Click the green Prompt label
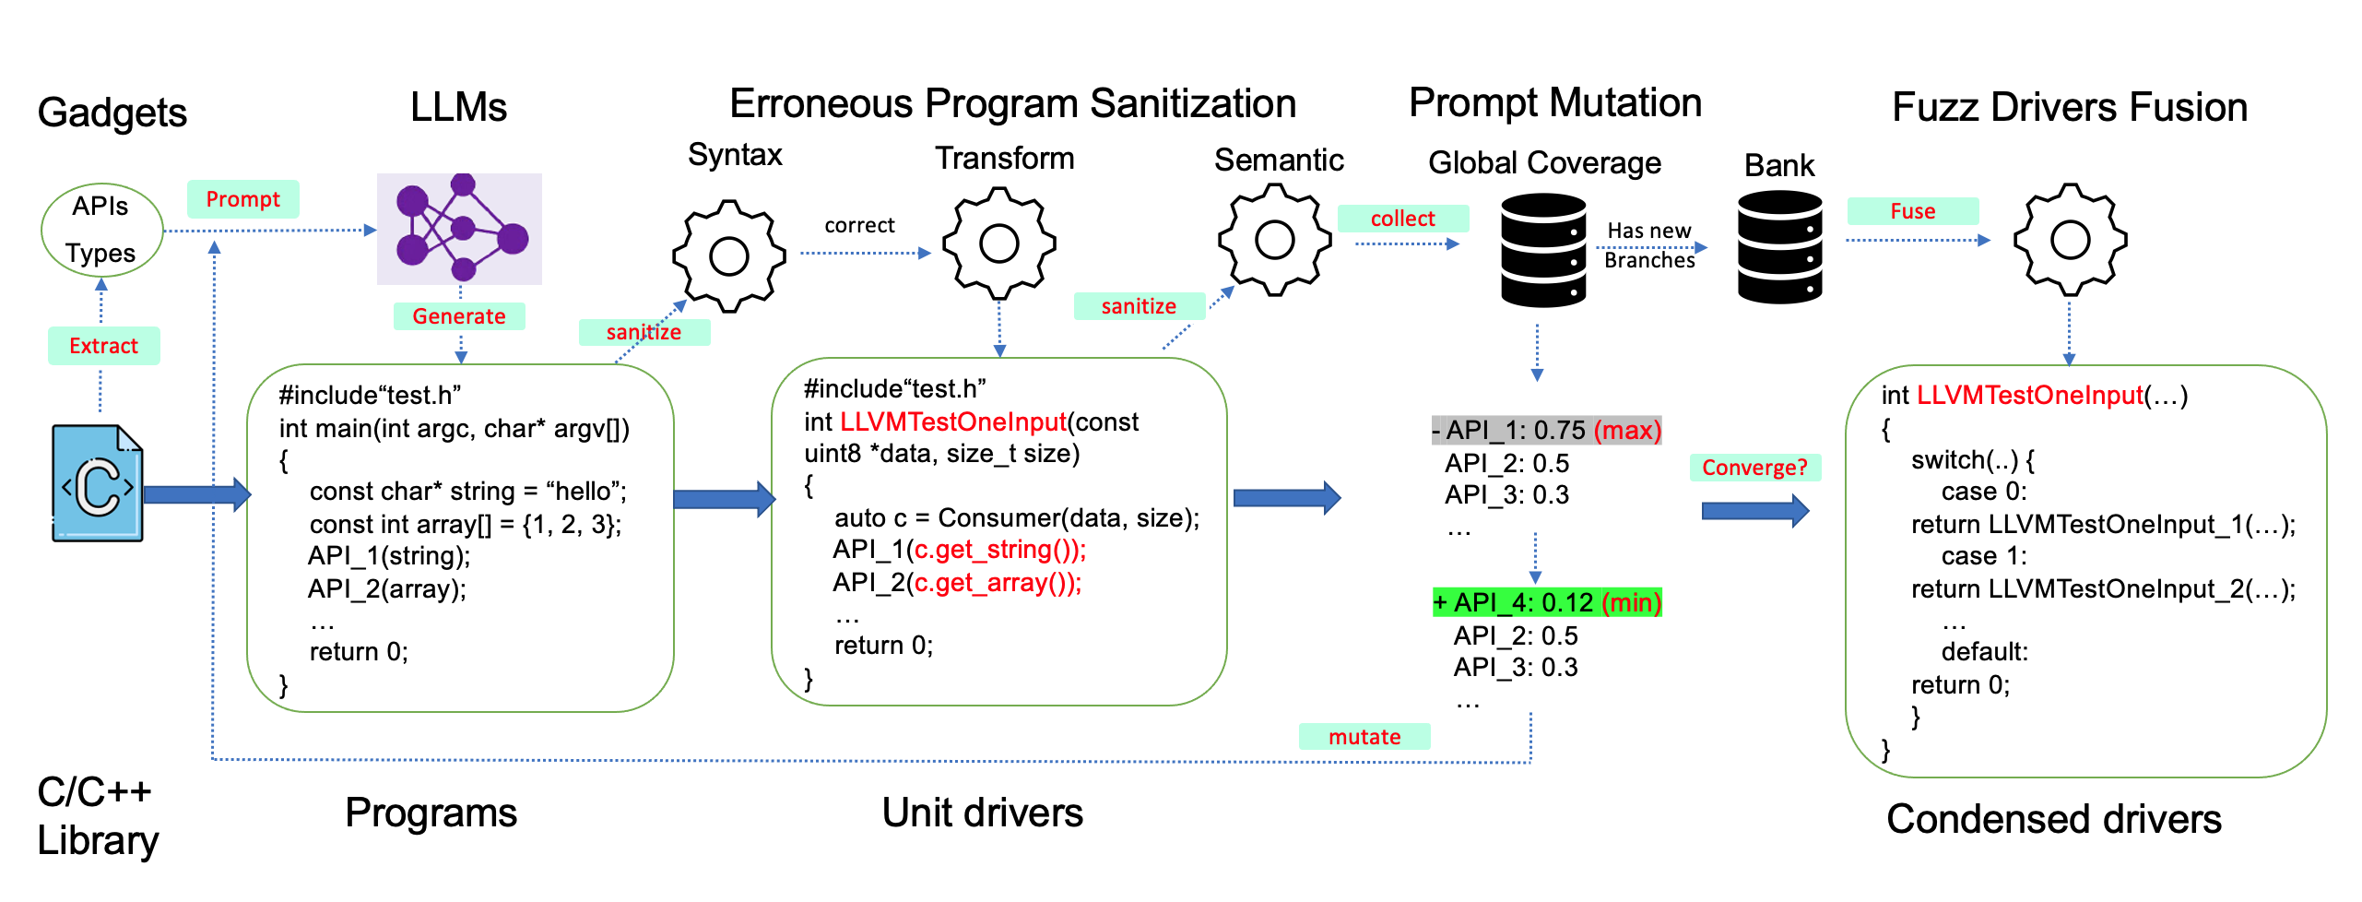pos(242,199)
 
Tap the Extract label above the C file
pos(103,346)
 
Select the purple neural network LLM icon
pos(459,229)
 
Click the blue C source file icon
pos(98,482)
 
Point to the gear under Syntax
pos(729,255)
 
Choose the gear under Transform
pos(999,243)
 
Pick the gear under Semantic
pos(1275,240)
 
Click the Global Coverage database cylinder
pos(1543,250)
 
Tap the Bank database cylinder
pos(1779,247)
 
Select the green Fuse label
pos(1912,211)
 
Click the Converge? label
pos(1754,468)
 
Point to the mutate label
pos(1364,737)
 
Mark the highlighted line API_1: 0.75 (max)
pos(1546,430)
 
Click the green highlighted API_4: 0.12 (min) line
pos(1547,602)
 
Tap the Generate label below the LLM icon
pos(459,316)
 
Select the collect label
pos(1402,219)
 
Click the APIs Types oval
pos(101,230)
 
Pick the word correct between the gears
pos(859,225)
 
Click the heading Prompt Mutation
pos(1555,102)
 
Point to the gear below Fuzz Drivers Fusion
pos(2070,240)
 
